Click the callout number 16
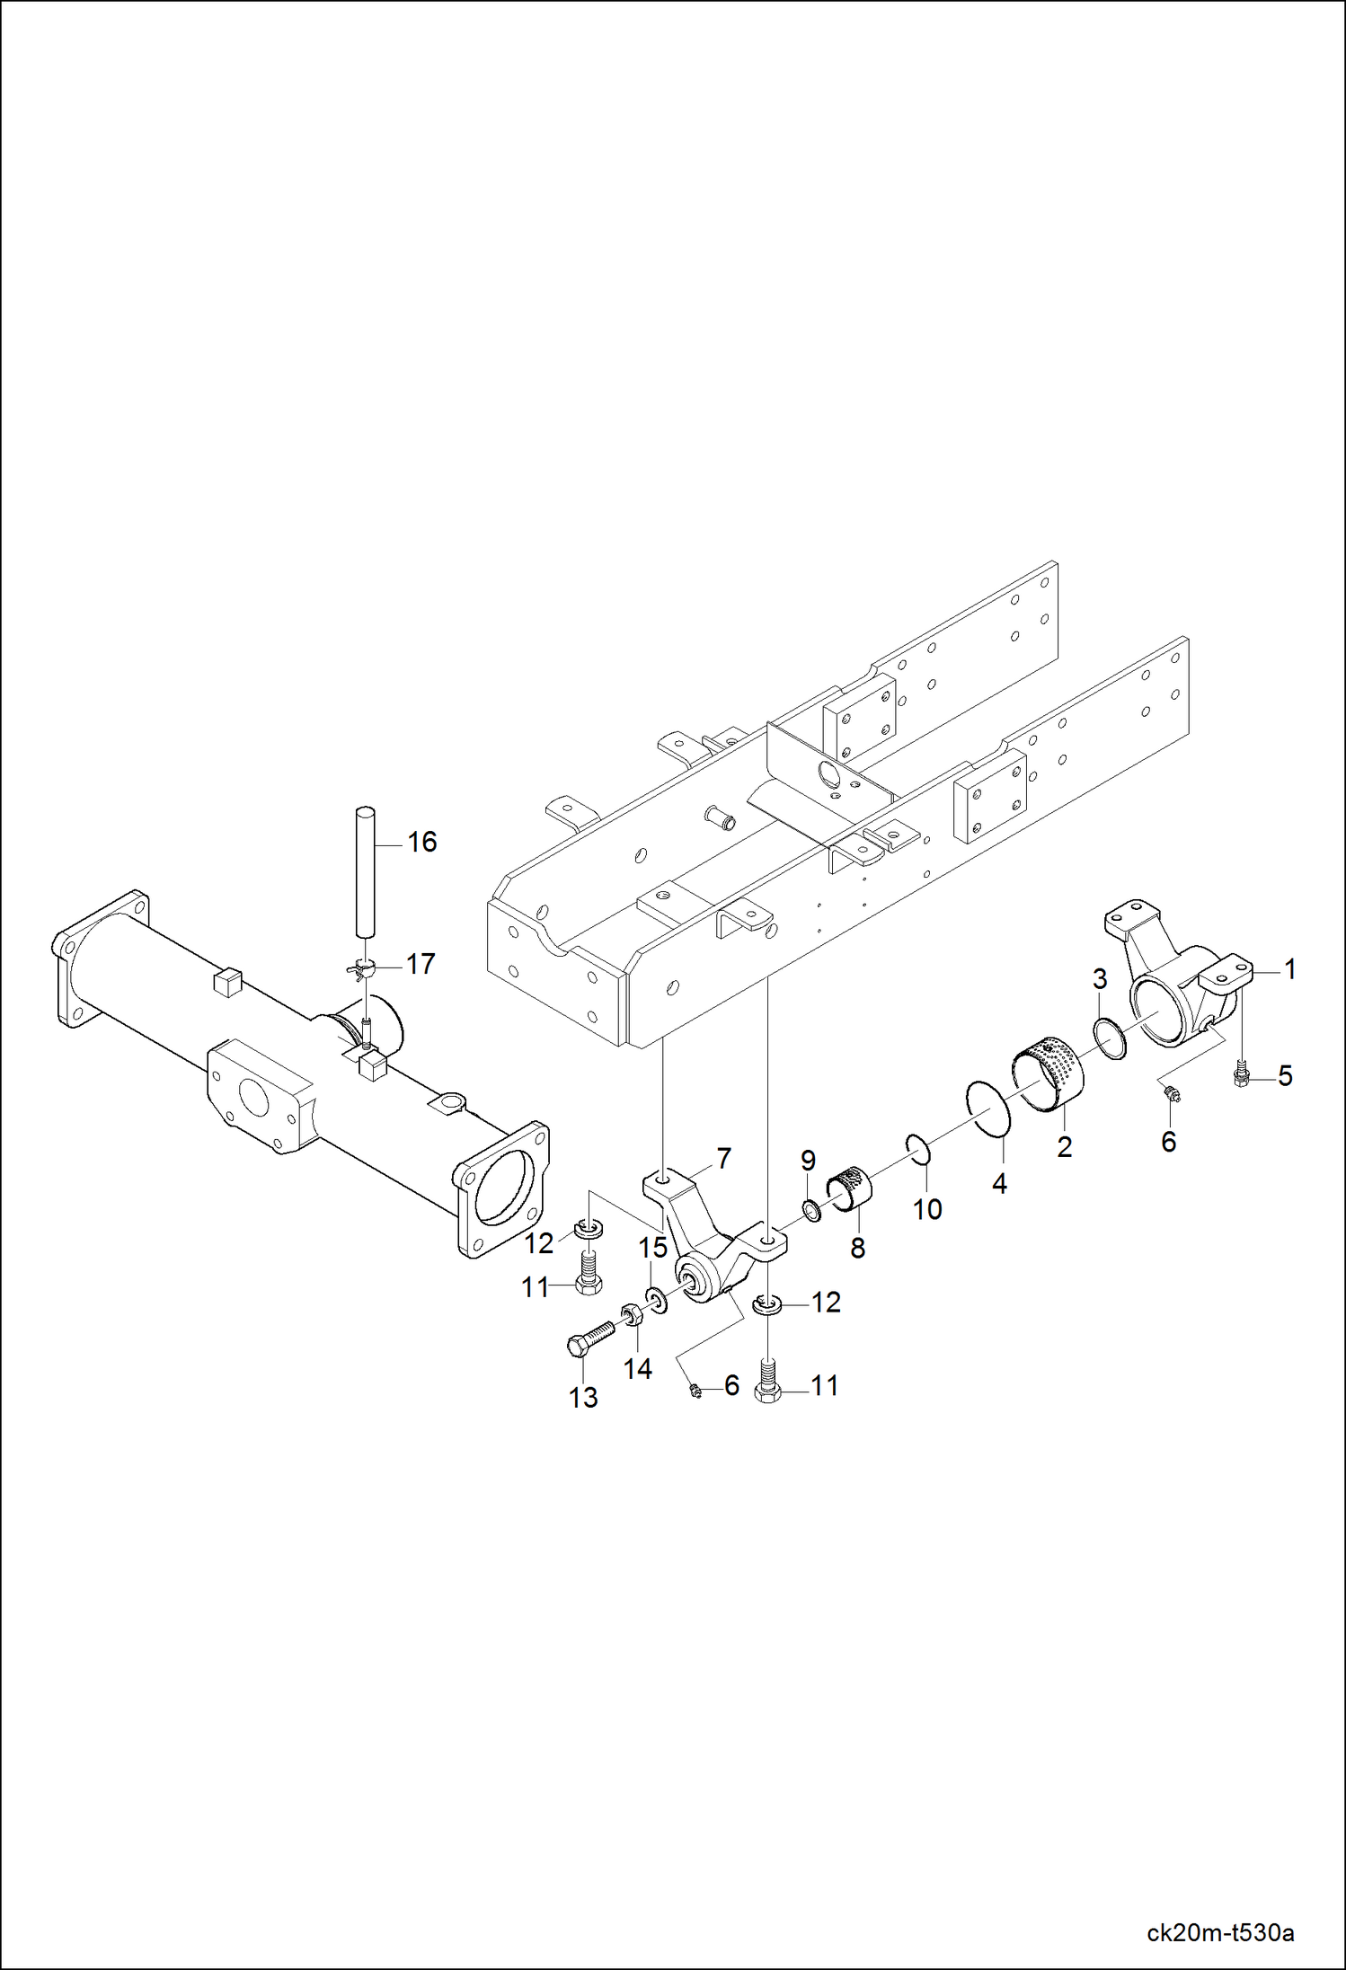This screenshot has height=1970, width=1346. pos(421,842)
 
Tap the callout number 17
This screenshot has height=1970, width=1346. pos(421,964)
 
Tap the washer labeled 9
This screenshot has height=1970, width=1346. pos(811,1211)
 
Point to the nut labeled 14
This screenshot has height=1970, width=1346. pos(631,1316)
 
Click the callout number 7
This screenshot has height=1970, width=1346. pos(723,1158)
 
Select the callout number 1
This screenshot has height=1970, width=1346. pos(1290,969)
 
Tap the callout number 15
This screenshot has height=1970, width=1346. pos(653,1248)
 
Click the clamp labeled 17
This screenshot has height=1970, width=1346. pos(362,967)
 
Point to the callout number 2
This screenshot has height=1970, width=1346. pos(1065,1146)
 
